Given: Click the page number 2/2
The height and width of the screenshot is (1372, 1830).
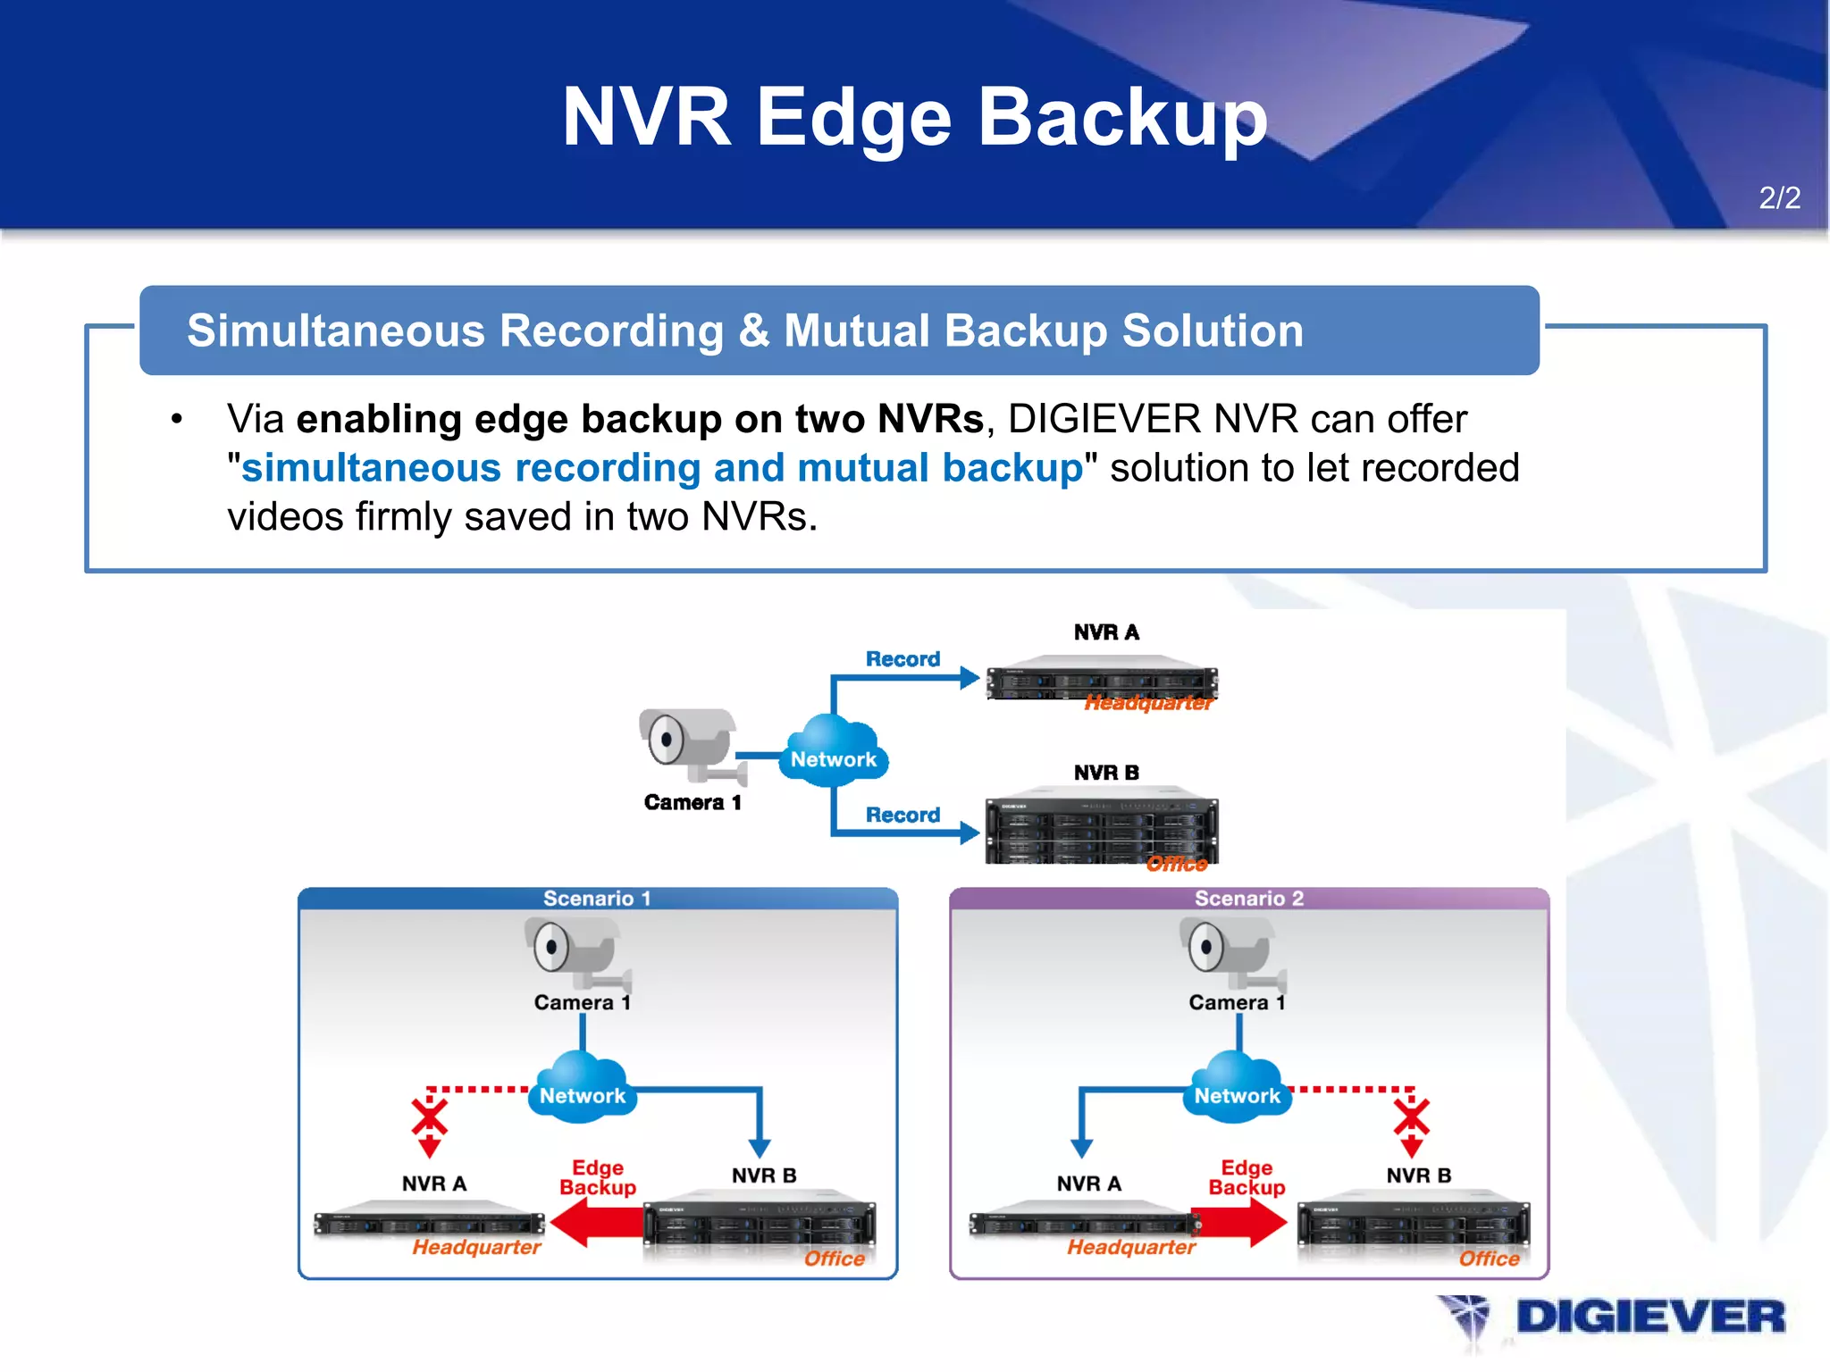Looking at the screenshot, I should click(x=1779, y=197).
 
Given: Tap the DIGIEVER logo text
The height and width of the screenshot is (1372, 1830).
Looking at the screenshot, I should click(x=1650, y=1318).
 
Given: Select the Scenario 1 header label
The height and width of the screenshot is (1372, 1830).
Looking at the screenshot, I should click(x=597, y=899).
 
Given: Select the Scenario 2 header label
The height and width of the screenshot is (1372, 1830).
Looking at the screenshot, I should click(x=1248, y=899).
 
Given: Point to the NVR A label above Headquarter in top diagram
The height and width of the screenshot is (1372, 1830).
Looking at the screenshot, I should click(x=1106, y=632).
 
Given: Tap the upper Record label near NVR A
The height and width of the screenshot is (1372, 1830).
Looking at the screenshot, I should click(x=902, y=659).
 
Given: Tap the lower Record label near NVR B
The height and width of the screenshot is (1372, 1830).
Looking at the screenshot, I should click(x=902, y=815).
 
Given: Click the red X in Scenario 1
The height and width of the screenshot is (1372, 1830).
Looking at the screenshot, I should click(x=430, y=1118).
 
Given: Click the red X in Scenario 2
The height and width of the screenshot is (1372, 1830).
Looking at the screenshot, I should click(x=1412, y=1118).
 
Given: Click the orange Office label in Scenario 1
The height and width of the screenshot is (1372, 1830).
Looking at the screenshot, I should click(x=834, y=1259).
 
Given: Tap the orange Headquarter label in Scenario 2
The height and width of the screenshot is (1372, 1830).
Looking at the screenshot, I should click(x=1131, y=1247).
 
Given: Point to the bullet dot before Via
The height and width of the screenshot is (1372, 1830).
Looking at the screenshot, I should click(x=177, y=419).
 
